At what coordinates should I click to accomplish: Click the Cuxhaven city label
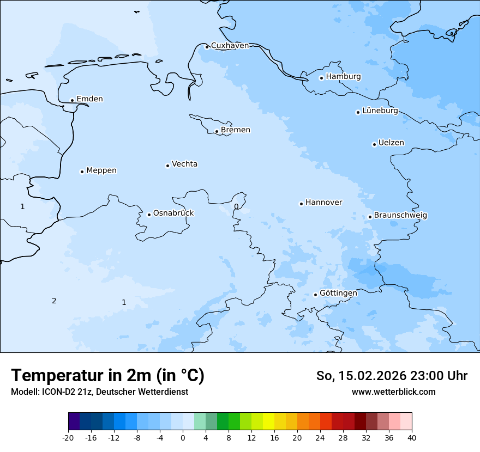click(x=230, y=46)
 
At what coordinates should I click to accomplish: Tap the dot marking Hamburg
click(x=321, y=78)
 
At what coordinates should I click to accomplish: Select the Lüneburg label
click(x=380, y=111)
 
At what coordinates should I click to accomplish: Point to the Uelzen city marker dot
click(x=374, y=144)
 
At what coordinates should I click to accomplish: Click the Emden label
click(x=89, y=99)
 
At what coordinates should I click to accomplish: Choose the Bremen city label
click(x=235, y=130)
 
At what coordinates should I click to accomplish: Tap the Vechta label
click(x=184, y=164)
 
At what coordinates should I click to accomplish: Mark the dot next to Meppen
click(x=82, y=172)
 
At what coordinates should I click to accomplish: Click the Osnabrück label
click(x=173, y=213)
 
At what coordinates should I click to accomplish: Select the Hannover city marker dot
click(x=301, y=204)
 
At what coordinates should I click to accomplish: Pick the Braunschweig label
click(x=400, y=216)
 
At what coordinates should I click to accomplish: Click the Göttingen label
click(x=338, y=293)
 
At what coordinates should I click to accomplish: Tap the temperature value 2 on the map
click(x=54, y=301)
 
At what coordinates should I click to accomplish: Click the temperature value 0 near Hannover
click(x=236, y=206)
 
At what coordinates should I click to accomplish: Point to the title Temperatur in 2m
click(x=107, y=375)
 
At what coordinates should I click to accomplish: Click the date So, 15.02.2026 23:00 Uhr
click(x=392, y=376)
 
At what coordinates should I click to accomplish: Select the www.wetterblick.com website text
click(x=393, y=392)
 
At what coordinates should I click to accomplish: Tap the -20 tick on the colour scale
click(x=68, y=438)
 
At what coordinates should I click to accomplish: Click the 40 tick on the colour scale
click(x=412, y=438)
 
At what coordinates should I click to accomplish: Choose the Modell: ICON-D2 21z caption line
click(x=99, y=392)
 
